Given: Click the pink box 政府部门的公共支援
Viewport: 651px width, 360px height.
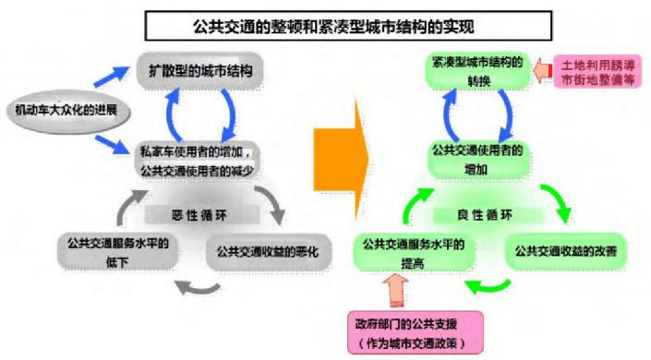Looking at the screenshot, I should tap(405, 331).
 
